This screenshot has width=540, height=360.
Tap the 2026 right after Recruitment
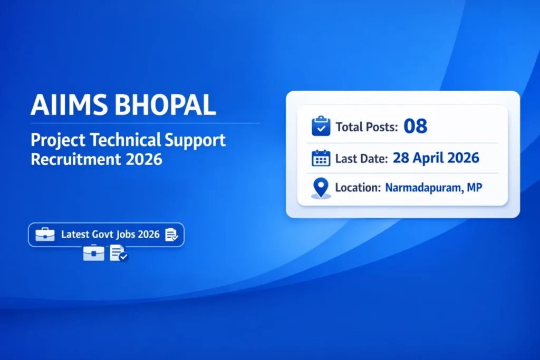(x=144, y=159)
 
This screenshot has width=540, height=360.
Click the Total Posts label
(x=367, y=127)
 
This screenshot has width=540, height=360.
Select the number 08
(x=415, y=127)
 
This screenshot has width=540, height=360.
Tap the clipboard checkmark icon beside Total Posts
(x=321, y=127)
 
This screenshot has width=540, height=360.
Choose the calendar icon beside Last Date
(x=321, y=158)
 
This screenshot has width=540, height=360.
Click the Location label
(x=357, y=188)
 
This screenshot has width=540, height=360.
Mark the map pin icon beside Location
(x=321, y=188)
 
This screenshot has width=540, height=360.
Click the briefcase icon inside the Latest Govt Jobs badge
(x=45, y=235)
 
